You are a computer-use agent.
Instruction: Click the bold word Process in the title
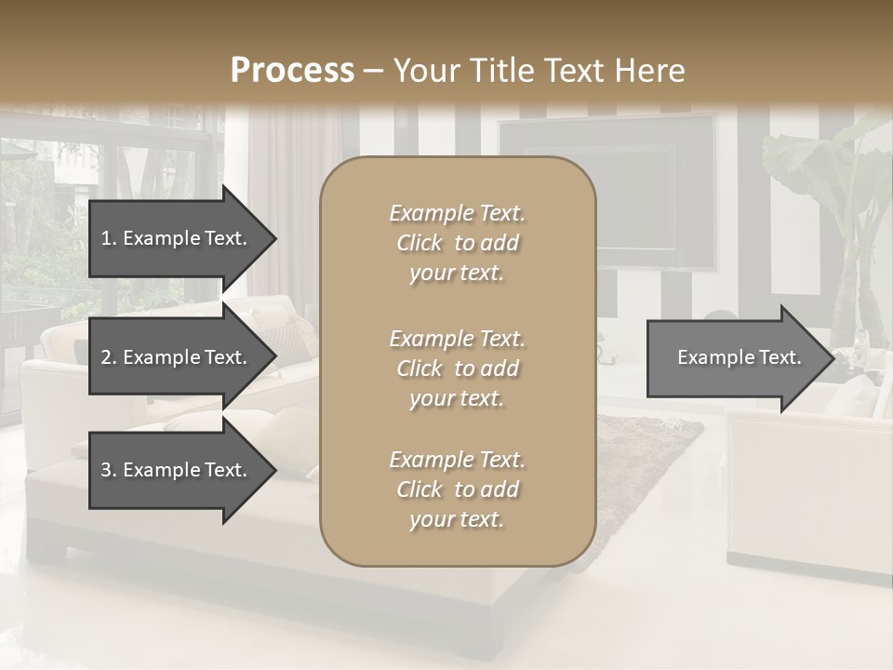click(x=292, y=71)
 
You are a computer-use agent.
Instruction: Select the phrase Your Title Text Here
click(x=540, y=71)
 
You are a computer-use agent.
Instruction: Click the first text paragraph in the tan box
click(x=457, y=243)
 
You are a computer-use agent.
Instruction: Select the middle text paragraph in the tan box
click(x=457, y=368)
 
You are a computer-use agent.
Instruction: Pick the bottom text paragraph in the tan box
click(x=457, y=489)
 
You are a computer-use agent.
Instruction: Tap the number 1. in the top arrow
click(x=109, y=238)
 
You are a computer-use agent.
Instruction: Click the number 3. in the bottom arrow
click(x=109, y=470)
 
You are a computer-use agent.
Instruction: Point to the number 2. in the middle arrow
click(x=109, y=357)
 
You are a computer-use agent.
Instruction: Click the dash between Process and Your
click(x=374, y=71)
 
